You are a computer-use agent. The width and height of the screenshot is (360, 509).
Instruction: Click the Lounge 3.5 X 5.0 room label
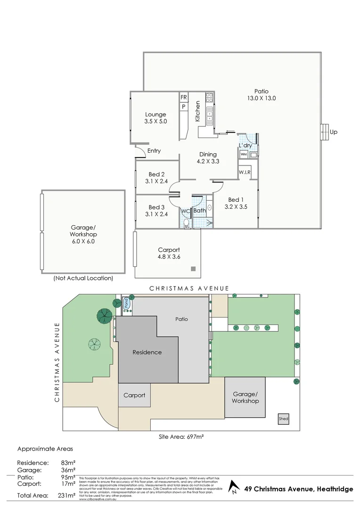pos(155,118)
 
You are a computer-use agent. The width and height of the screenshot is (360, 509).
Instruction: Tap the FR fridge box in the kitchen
pos(184,98)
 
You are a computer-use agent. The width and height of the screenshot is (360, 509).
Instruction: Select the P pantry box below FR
pos(184,107)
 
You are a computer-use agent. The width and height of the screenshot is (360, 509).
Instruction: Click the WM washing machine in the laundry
pos(244,154)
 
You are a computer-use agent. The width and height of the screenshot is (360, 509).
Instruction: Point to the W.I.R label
pos(245,172)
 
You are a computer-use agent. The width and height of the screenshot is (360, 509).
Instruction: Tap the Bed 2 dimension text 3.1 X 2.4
pos(157,181)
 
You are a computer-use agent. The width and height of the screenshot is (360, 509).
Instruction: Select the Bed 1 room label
pos(236,199)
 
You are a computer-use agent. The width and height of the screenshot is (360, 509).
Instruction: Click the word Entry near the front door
pos(154,151)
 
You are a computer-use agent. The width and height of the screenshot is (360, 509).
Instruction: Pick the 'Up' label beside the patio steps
pos(334,132)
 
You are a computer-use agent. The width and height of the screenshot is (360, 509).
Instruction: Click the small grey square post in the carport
pos(193,269)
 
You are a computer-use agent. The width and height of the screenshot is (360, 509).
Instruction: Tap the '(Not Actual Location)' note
pos(83,278)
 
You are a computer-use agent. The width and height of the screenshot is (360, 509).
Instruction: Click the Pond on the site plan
pos(127,304)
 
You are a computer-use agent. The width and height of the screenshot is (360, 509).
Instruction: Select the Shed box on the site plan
pos(283,419)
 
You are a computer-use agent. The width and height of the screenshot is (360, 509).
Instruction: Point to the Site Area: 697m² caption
pos(181,437)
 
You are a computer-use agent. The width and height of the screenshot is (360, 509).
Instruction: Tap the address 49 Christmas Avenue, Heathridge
pos(299,489)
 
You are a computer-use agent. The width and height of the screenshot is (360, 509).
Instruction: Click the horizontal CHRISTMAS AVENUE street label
pos(189,288)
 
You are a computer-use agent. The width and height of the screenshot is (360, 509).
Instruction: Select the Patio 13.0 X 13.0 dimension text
pos(261,99)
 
